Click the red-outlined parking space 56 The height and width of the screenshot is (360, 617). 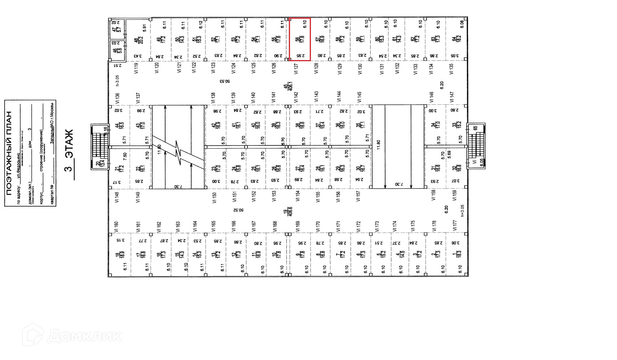[300, 39]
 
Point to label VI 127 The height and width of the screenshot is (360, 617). [296, 68]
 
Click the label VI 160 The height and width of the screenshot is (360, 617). [117, 227]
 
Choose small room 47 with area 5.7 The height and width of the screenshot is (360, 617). [116, 28]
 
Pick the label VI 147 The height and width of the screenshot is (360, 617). [452, 97]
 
